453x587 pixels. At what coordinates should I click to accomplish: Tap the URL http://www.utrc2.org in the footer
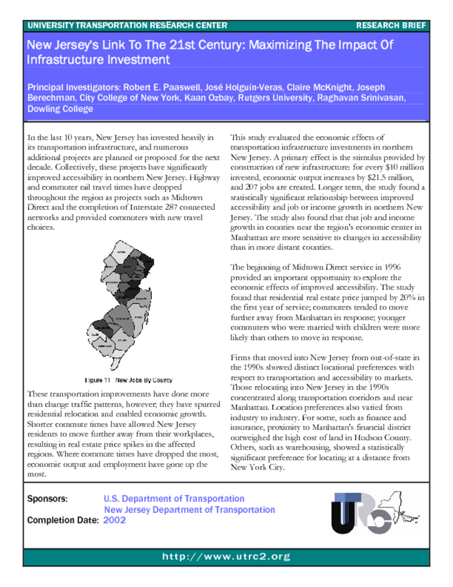point(226,557)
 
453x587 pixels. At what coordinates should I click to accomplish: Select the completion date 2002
point(115,520)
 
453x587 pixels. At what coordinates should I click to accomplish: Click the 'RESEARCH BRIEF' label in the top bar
point(391,26)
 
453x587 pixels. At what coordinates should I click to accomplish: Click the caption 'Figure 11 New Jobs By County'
point(128,380)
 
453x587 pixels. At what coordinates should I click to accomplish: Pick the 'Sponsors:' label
point(48,499)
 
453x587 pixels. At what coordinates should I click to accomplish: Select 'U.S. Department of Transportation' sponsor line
point(174,499)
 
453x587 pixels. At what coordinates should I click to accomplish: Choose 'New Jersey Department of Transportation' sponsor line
point(189,510)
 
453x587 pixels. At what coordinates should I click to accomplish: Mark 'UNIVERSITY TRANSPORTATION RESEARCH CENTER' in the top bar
point(127,26)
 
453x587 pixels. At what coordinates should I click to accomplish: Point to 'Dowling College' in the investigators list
point(60,108)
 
